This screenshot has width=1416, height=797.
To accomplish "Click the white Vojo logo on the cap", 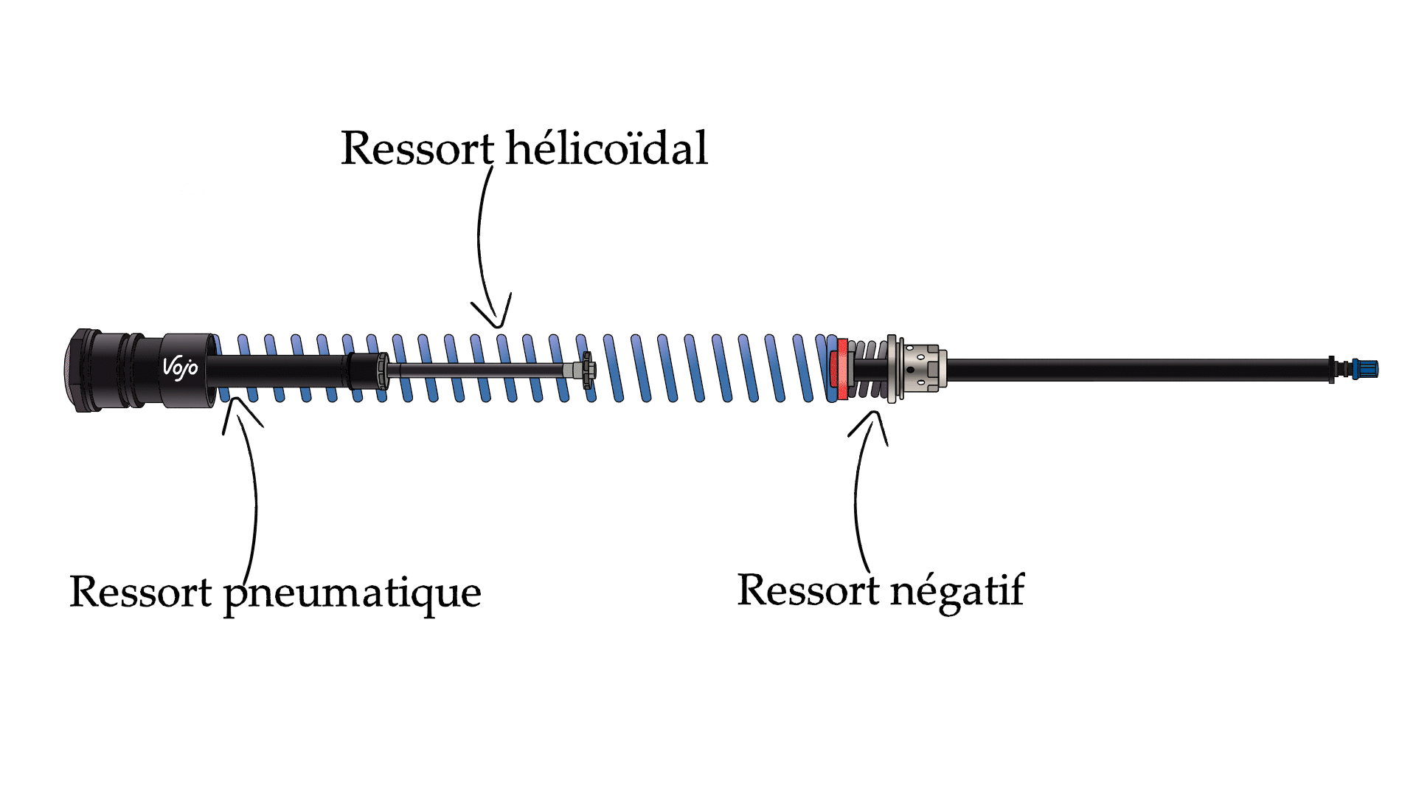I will click(180, 367).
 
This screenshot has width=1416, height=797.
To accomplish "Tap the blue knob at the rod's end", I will click(1367, 369).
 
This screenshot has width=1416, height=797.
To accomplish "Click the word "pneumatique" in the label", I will click(353, 593).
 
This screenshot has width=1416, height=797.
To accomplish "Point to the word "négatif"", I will click(957, 591).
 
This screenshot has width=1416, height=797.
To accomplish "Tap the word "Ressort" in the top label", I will click(417, 148).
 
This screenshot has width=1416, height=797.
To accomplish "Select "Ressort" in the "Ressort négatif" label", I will click(809, 590).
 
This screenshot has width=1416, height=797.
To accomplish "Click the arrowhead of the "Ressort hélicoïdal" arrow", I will click(499, 322).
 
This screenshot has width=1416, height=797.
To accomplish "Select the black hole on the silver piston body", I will click(911, 370).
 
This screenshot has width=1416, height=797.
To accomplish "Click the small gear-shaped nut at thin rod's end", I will click(587, 370).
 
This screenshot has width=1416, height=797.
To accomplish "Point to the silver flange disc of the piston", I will click(892, 369).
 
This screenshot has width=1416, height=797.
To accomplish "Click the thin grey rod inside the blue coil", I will click(479, 370).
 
